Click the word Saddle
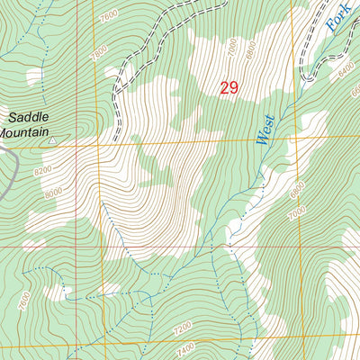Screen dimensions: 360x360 pos(27,117)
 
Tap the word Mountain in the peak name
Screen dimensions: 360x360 pos(27,132)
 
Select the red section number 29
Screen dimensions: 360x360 pos(229,87)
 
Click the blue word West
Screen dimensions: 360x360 pos(264,134)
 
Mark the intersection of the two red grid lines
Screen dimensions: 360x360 pos(76,245)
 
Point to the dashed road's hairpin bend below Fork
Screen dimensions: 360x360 pos(305,77)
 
